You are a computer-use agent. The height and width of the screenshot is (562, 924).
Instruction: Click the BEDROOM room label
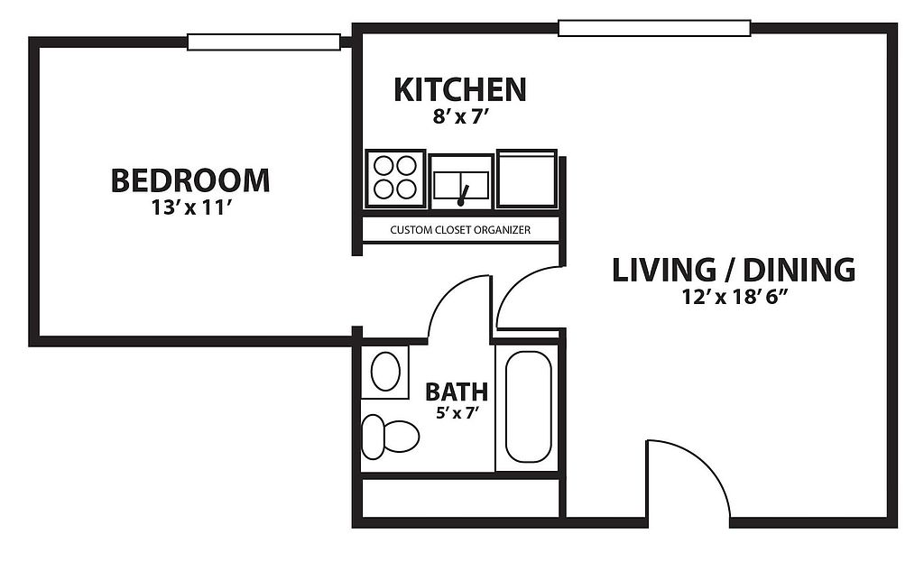pos(190,180)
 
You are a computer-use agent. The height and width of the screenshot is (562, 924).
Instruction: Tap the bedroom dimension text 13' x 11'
pos(189,208)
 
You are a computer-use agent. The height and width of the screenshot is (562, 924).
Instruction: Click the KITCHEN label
pos(459,89)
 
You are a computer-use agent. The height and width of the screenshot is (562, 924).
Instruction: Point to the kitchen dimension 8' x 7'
pos(461,116)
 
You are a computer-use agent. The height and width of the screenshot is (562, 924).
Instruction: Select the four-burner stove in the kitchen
pos(395,179)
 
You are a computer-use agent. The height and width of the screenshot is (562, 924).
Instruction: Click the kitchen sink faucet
pos(463,196)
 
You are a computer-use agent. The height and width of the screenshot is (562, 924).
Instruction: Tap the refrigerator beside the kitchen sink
pos(527,179)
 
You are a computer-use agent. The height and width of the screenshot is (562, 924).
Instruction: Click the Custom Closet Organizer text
pos(460,230)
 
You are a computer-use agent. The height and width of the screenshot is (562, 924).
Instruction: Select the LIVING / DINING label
pos(734,270)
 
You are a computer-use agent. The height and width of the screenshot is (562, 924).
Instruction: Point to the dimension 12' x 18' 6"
pos(735,298)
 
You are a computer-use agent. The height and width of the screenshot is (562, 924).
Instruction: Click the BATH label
pos(457,392)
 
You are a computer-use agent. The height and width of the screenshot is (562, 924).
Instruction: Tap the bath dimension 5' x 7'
pos(456,412)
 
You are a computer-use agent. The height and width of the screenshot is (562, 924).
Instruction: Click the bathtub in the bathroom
pos(529,407)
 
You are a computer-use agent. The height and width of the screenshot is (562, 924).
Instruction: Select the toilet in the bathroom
pos(390,437)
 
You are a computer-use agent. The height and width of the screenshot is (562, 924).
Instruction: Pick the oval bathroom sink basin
pos(385,371)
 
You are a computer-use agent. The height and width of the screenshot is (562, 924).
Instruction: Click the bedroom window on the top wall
pos(264,41)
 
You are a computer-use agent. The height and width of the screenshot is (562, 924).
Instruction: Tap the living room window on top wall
pos(654,28)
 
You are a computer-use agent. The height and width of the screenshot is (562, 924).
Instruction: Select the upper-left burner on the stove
pos(383,166)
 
